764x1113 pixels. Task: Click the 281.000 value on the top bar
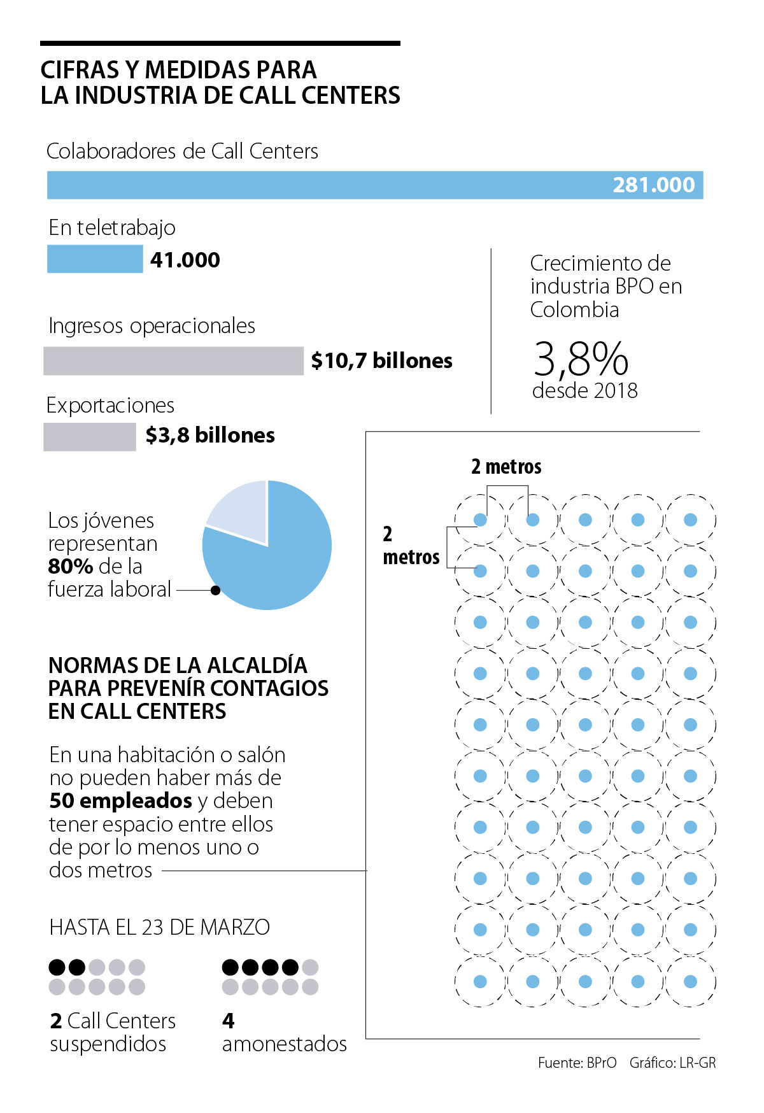pyautogui.click(x=653, y=185)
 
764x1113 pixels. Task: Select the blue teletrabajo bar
pyautogui.click(x=95, y=260)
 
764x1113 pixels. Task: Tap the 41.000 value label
pyautogui.click(x=185, y=260)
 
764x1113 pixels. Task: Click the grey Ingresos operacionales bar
pyautogui.click(x=173, y=361)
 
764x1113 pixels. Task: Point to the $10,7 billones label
pyautogui.click(x=381, y=361)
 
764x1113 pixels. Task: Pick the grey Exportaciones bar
pyautogui.click(x=90, y=437)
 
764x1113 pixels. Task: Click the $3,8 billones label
pyautogui.click(x=210, y=436)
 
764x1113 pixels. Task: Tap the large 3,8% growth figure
pyautogui.click(x=581, y=359)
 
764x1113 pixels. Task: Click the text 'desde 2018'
pyautogui.click(x=584, y=390)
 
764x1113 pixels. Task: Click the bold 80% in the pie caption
pyautogui.click(x=71, y=566)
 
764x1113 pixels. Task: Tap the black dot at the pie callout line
pyautogui.click(x=215, y=590)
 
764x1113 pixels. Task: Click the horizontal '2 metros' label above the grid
pyautogui.click(x=506, y=467)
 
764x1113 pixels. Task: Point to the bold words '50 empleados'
pyautogui.click(x=121, y=800)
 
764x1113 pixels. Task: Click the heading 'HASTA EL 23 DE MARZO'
pyautogui.click(x=159, y=927)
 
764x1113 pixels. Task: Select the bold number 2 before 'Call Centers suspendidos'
pyautogui.click(x=56, y=1021)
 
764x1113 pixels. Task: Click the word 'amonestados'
pyautogui.click(x=284, y=1044)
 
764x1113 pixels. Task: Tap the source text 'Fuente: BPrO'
pyautogui.click(x=577, y=1063)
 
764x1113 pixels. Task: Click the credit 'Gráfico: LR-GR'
pyautogui.click(x=672, y=1063)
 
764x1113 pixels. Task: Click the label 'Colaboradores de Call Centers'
pyautogui.click(x=182, y=152)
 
